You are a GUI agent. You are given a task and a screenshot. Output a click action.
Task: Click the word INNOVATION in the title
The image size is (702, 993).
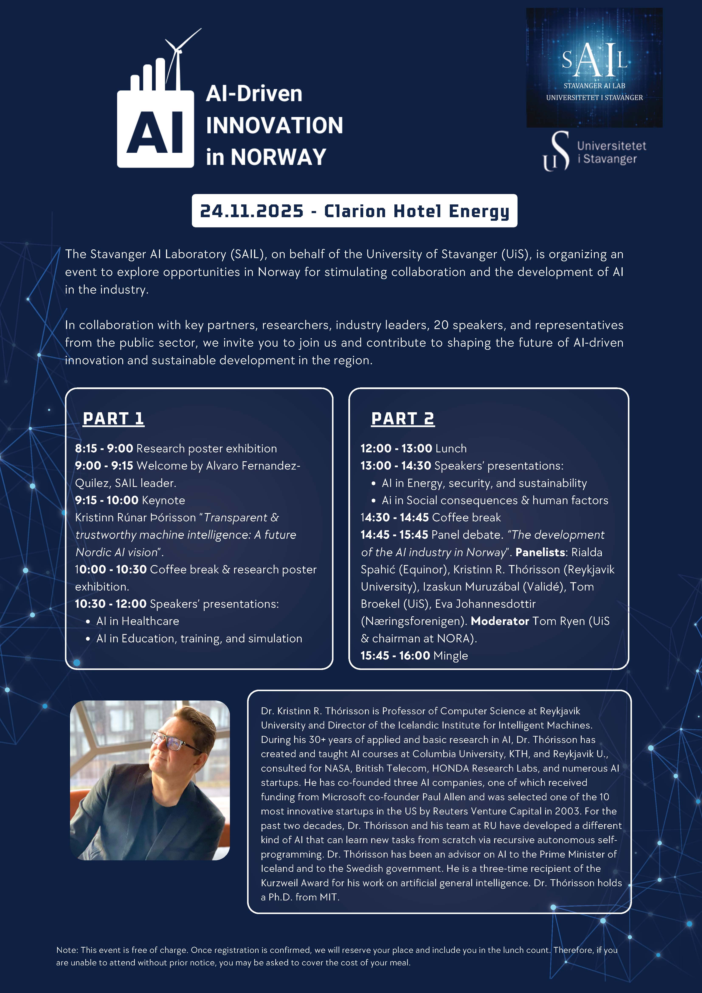pos(274,125)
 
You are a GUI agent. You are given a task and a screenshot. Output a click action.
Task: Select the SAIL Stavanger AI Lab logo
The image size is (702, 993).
pos(594,68)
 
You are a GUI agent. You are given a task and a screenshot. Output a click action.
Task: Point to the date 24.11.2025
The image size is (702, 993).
pos(252,211)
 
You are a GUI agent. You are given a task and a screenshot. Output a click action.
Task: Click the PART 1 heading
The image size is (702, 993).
pos(113,419)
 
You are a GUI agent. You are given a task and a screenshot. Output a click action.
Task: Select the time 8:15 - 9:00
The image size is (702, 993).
pos(104,449)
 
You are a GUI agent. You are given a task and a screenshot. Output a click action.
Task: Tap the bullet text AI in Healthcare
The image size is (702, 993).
pos(138,621)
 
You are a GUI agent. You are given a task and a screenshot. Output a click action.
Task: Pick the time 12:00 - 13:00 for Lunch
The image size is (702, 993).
pos(396,449)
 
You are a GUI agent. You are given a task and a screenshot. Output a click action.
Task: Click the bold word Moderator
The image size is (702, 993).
pos(499,621)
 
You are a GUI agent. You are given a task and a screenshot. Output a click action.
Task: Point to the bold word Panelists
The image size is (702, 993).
pos(540,552)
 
